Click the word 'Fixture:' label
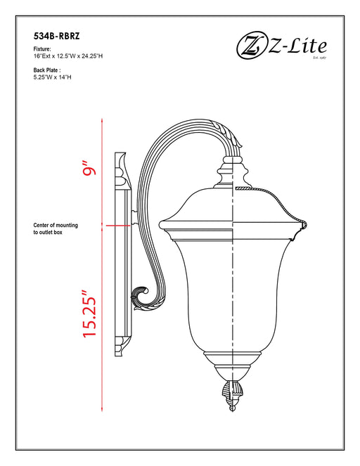(42, 50)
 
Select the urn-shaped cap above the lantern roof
(233, 173)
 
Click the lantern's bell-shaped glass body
(232, 295)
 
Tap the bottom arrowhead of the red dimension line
(103, 409)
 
